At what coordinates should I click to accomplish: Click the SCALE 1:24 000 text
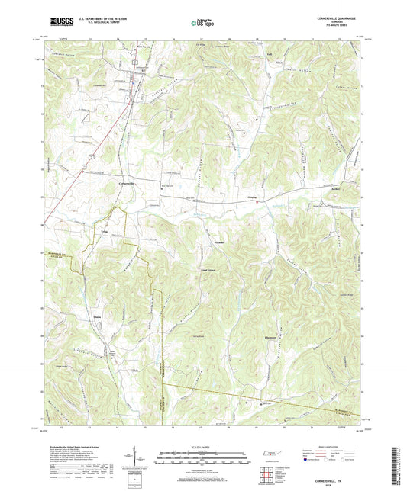[203, 448]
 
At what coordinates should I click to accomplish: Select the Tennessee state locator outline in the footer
[270, 455]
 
